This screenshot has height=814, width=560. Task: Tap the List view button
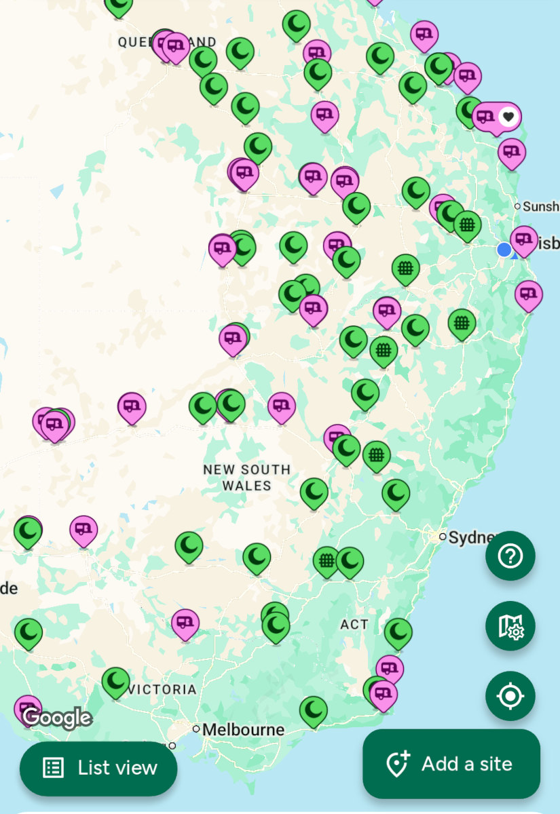tap(98, 768)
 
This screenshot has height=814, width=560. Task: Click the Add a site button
tap(451, 764)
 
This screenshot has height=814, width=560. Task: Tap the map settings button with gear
tap(510, 625)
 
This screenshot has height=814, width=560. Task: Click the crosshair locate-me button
tap(510, 696)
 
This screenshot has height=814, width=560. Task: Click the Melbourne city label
tap(243, 730)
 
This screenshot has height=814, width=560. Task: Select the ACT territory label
tap(354, 624)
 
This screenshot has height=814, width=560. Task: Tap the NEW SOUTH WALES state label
tap(247, 478)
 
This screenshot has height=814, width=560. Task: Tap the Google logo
tap(57, 717)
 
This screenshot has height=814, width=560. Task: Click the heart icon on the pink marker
tap(508, 117)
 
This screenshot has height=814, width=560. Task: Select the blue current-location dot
tap(504, 250)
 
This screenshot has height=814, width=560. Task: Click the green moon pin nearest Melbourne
tap(313, 710)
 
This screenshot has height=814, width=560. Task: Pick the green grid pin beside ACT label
tap(326, 560)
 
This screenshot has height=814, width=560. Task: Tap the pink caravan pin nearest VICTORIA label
tap(185, 622)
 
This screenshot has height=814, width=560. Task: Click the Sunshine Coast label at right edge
tap(540, 206)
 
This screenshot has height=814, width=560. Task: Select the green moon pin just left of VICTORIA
tap(115, 681)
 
